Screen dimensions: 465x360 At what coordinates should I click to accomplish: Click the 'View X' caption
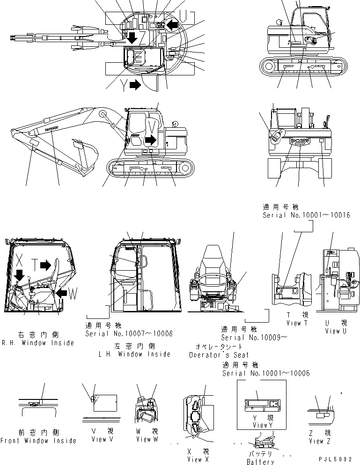193,459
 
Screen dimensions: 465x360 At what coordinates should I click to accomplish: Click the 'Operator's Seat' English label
219,355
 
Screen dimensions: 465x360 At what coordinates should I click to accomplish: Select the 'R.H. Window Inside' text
37,343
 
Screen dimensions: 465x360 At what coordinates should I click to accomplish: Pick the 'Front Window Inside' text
38,441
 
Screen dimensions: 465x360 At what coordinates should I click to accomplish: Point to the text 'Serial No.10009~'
254,337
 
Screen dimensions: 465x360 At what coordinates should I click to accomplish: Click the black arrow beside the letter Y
135,85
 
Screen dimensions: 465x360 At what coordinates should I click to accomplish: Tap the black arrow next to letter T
45,266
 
